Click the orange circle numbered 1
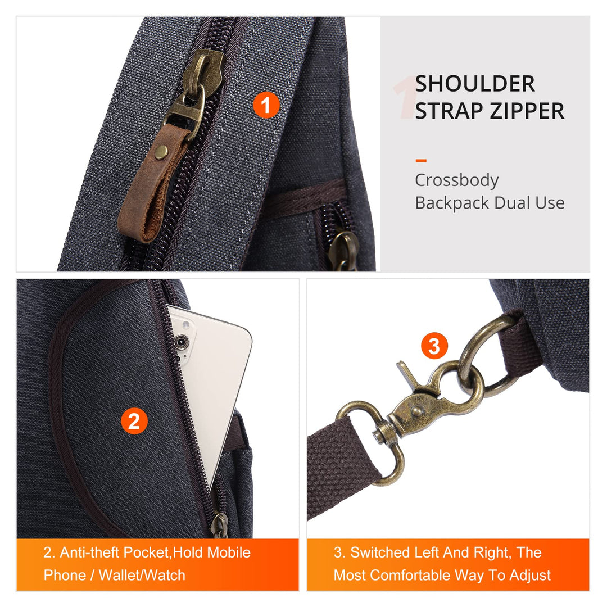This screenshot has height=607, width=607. coord(266,105)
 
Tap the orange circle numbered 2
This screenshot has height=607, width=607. coord(134,421)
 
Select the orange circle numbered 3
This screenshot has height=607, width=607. coord(434,346)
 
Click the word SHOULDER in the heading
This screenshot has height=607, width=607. coord(475,84)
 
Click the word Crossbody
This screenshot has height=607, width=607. coord(457,180)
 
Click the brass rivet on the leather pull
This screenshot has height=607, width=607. coord(161,152)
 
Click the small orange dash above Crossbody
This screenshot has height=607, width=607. coord(421,160)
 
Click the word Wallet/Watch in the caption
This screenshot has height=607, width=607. coord(142,576)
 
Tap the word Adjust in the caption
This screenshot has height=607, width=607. coord(530,576)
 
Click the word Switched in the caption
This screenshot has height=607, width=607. coord(380,552)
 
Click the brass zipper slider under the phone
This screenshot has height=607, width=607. coord(220,524)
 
